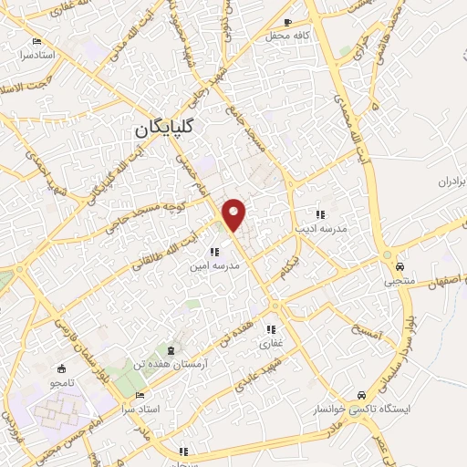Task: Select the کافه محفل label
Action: (x=289, y=36)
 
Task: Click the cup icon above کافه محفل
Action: (x=289, y=22)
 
